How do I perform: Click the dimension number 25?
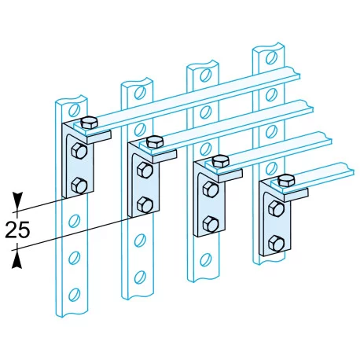tap(17, 230)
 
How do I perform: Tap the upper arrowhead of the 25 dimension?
tap(17, 201)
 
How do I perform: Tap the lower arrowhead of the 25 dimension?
tap(17, 259)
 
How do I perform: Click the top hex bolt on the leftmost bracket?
tap(89, 123)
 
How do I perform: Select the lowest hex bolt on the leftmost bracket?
tap(79, 186)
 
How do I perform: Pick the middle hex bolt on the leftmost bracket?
tap(79, 151)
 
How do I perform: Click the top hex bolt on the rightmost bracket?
tap(286, 181)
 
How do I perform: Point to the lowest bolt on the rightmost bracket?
tap(277, 244)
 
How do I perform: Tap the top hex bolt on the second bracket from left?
tap(155, 142)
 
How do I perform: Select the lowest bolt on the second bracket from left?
tap(145, 204)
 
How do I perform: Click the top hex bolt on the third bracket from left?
tap(221, 161)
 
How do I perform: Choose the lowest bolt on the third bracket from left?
tap(211, 224)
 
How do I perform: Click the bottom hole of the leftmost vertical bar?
tap(75, 295)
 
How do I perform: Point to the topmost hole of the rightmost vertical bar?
tap(272, 57)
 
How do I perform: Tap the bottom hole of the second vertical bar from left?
tap(140, 277)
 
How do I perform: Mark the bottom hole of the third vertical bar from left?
tap(206, 259)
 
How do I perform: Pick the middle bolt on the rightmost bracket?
tap(277, 209)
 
